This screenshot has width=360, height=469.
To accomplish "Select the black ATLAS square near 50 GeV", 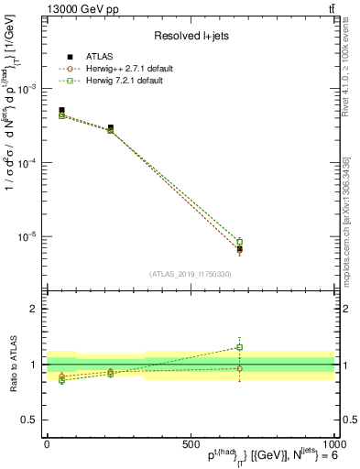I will click(61, 110).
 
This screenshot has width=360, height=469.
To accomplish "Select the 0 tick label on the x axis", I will click(47, 442).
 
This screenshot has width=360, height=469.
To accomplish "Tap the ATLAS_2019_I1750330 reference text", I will click(190, 274).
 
